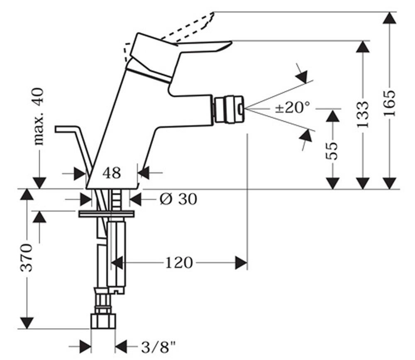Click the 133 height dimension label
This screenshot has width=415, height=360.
[362, 114]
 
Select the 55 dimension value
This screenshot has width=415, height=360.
[332, 151]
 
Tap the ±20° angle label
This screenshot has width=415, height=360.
[292, 107]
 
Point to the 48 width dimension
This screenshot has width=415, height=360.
[112, 173]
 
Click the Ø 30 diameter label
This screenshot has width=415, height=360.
[178, 199]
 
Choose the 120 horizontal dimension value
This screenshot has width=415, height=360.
[179, 263]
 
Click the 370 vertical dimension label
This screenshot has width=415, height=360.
[26, 258]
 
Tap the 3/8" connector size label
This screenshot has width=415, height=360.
[159, 347]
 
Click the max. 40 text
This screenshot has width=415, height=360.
[39, 117]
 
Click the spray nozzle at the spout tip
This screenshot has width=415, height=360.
[229, 109]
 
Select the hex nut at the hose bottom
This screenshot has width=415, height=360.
[103, 321]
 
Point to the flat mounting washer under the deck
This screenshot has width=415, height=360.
[106, 214]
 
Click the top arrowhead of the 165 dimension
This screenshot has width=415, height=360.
[390, 18]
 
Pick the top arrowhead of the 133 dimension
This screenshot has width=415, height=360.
[362, 47]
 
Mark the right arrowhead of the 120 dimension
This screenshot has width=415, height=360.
[241, 263]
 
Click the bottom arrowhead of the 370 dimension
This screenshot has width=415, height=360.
[27, 322]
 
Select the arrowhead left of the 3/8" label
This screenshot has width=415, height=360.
[85, 347]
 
